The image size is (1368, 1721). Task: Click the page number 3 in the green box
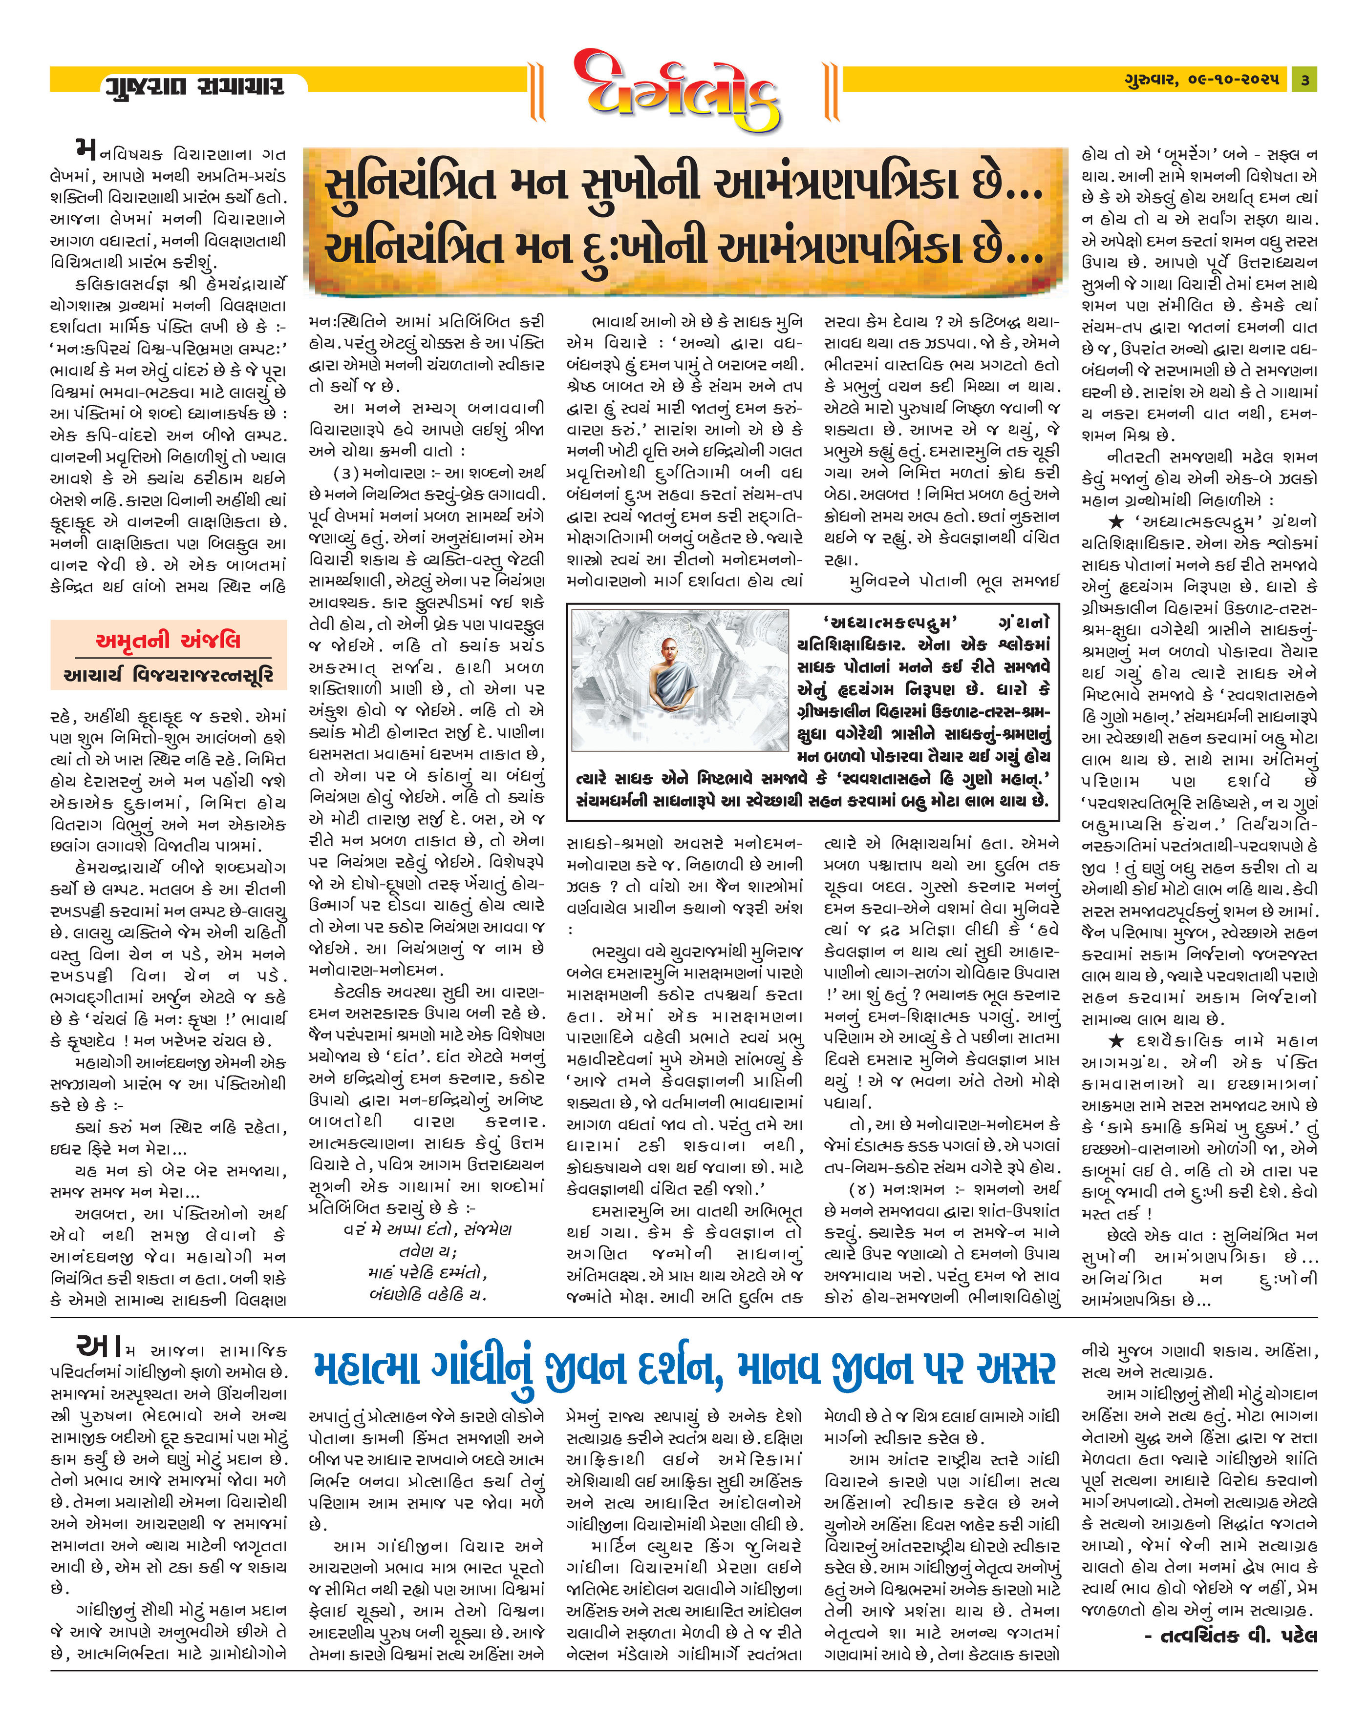click(1304, 80)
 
